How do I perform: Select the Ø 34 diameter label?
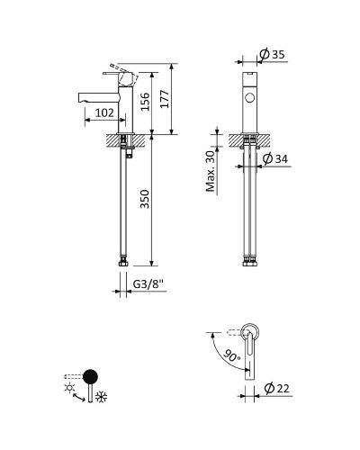pyautogui.click(x=274, y=159)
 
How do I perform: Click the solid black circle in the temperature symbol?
pyautogui.click(x=90, y=376)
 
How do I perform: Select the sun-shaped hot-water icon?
pyautogui.click(x=69, y=387)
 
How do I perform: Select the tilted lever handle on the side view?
pyautogui.click(x=119, y=70)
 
